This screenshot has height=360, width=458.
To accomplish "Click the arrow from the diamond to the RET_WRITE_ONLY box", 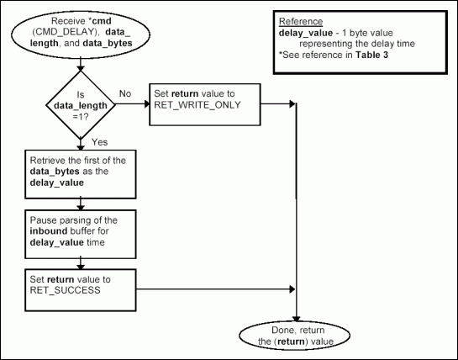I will (132, 103).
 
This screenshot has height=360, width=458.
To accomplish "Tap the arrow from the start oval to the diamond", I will (80, 65).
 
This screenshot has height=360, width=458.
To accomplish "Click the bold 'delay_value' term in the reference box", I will (303, 32).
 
